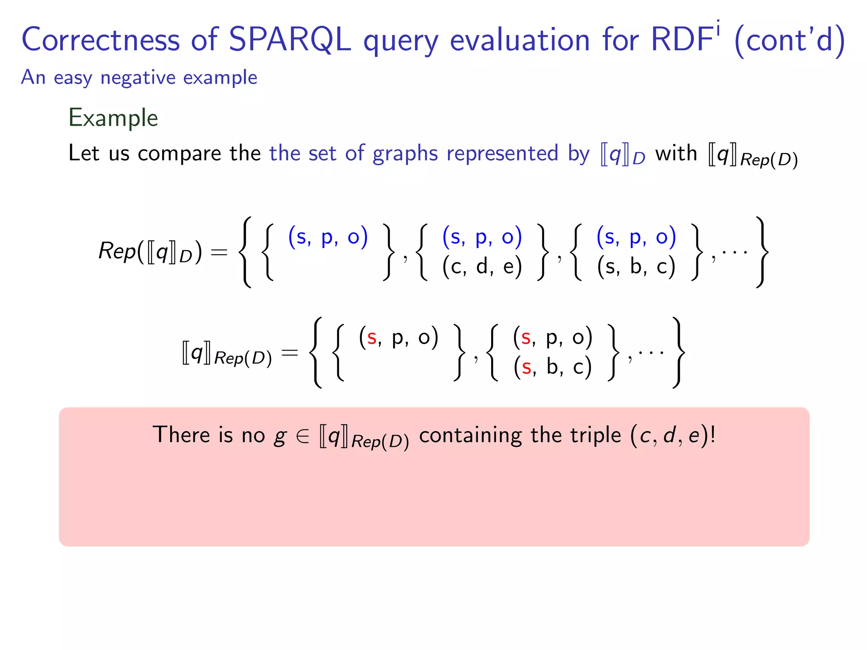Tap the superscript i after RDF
point(718,30)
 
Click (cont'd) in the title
point(790,40)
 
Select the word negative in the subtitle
point(138,77)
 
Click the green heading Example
point(113,118)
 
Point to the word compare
point(179,153)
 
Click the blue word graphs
point(405,153)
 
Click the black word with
point(676,153)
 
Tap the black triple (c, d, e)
point(482,267)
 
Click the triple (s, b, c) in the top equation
point(636,267)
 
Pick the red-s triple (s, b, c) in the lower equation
point(552,367)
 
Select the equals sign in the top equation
point(219,253)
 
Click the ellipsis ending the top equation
point(734,253)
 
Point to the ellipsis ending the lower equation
point(651,352)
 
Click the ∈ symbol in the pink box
point(303,436)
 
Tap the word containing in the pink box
point(470,435)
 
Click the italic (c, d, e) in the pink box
point(669,435)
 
